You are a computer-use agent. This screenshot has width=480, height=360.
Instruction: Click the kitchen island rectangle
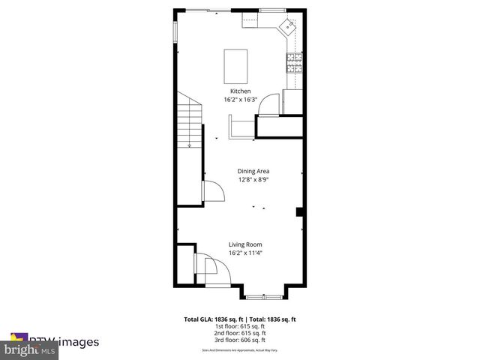236,66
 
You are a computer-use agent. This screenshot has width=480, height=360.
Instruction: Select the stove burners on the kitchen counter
293,63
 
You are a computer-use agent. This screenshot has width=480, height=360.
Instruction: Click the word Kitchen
240,91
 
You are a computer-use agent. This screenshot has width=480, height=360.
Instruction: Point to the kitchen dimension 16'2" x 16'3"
240,100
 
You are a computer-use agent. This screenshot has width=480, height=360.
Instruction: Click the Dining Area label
253,172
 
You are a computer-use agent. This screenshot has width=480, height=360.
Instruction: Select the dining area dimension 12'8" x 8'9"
253,180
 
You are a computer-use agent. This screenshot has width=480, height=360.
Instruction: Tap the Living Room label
245,244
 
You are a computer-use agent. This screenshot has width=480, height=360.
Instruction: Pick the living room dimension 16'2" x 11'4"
245,253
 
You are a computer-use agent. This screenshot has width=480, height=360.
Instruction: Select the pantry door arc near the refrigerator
268,106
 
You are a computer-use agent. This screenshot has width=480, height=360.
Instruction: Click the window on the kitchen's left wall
175,32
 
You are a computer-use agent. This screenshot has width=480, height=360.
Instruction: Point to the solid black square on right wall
300,212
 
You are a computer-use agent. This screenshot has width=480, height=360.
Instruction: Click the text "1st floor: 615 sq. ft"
241,326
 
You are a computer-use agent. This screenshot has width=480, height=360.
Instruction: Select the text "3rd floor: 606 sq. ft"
241,340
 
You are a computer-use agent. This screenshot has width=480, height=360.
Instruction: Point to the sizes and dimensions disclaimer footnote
241,350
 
